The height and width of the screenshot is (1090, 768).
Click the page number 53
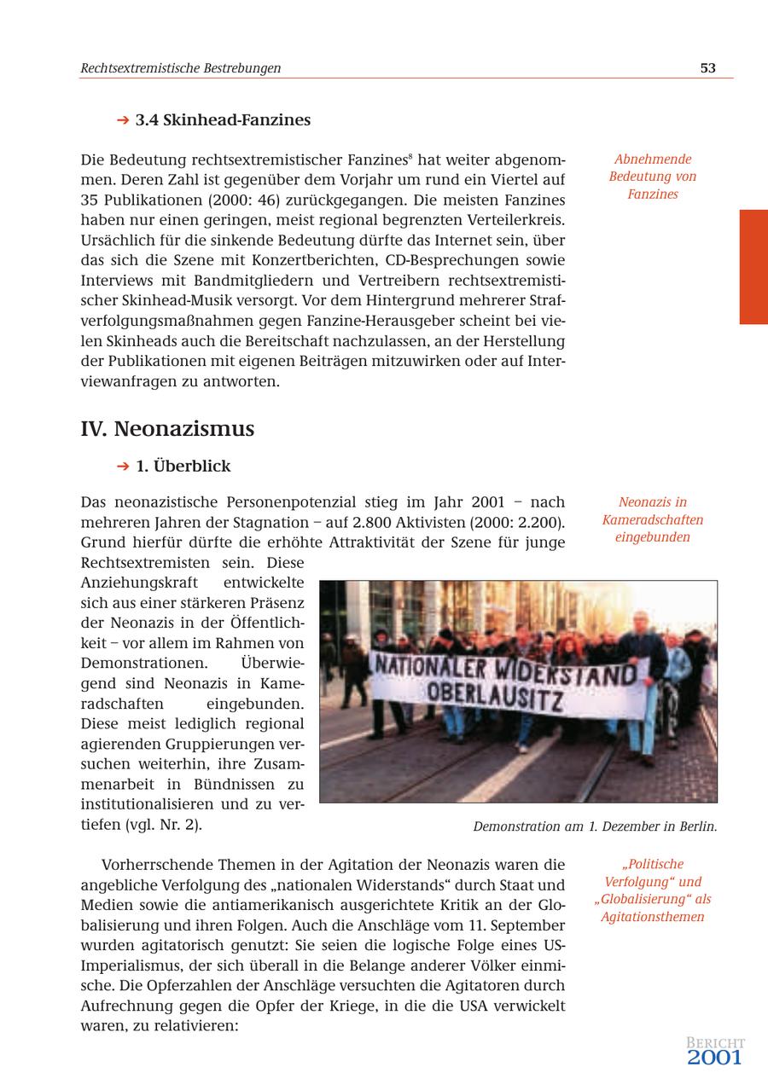(707, 68)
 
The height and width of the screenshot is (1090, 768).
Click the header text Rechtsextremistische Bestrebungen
(180, 68)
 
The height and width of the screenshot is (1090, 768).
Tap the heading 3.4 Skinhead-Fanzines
(223, 120)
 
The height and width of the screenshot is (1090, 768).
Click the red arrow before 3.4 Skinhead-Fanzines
(123, 120)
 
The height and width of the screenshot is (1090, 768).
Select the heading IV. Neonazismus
(167, 428)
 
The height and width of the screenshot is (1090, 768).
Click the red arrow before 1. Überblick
(123, 467)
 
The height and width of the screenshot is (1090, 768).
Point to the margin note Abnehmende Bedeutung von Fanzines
(653, 177)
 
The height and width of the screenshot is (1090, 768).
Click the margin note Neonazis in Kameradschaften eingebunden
(653, 519)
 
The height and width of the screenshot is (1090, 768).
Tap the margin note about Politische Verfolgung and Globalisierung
(653, 890)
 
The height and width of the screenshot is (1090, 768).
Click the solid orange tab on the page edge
(753, 267)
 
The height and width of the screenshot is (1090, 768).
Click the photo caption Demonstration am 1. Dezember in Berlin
(595, 826)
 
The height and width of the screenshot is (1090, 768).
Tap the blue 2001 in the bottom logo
(715, 1058)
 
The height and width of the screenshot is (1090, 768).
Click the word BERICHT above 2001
(715, 1042)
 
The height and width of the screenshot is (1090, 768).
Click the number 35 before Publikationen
(90, 200)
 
